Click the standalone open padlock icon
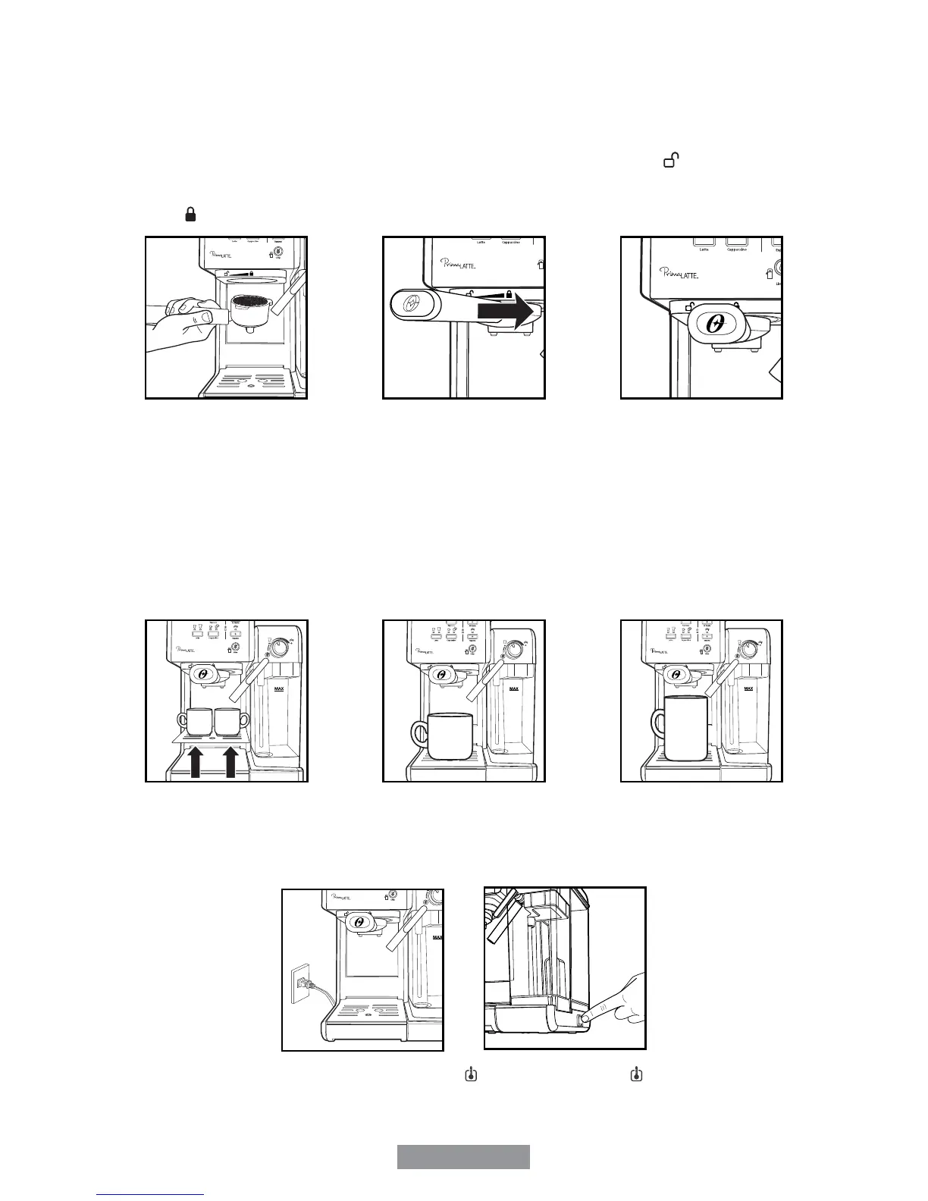pyautogui.click(x=671, y=161)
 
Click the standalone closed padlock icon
pyautogui.click(x=190, y=216)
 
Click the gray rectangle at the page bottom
pyautogui.click(x=463, y=1157)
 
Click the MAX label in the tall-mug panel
pyautogui.click(x=748, y=688)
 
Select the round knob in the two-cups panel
pyautogui.click(x=280, y=648)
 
